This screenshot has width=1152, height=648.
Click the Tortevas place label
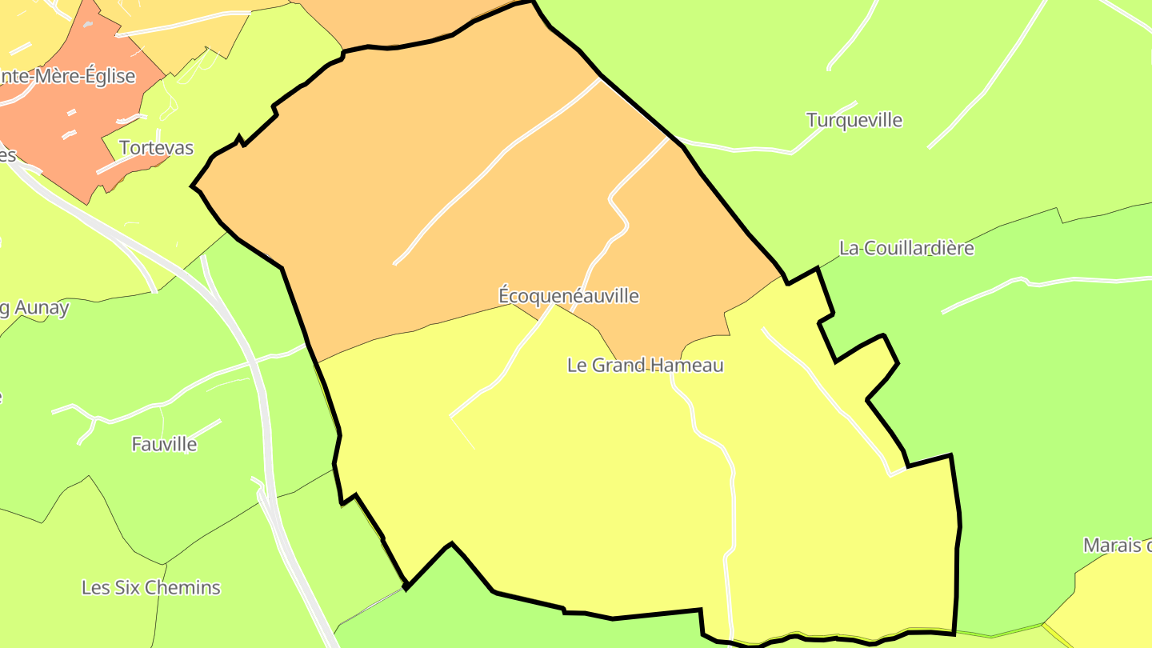pyautogui.click(x=156, y=148)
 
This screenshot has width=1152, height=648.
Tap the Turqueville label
pyautogui.click(x=854, y=121)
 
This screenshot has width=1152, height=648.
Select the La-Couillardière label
pyautogui.click(x=906, y=248)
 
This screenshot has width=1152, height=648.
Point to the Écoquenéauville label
pyautogui.click(x=568, y=296)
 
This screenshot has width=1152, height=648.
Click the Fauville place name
pyautogui.click(x=164, y=444)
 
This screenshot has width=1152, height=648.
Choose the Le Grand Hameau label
pyautogui.click(x=645, y=366)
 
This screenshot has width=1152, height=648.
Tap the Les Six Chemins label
pyautogui.click(x=150, y=588)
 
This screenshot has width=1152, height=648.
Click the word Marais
pyautogui.click(x=1112, y=546)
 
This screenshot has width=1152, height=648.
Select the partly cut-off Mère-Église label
pyautogui.click(x=68, y=77)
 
